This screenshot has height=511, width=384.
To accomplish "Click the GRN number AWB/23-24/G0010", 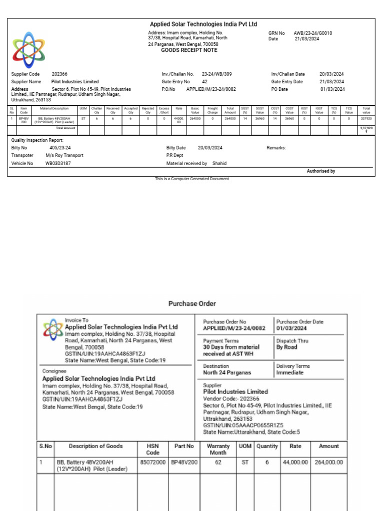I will point(313,33).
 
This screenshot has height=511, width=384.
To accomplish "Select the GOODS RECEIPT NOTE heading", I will point(189,50).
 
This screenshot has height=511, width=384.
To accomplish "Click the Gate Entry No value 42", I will point(204,81).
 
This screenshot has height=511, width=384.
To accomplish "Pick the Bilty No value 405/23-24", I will point(60,148).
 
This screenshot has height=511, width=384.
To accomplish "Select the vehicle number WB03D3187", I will point(58,163).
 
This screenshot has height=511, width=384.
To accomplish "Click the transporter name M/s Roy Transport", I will point(64,156).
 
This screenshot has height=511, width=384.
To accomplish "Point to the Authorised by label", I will point(321,171).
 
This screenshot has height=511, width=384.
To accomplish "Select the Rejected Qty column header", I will point(148,110).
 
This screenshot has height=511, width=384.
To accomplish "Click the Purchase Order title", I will point(192,303).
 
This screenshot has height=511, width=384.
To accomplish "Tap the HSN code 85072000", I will point(152,463).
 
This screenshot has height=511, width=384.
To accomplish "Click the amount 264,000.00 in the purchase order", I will point(328,463).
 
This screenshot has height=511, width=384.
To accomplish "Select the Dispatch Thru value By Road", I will point(286,347).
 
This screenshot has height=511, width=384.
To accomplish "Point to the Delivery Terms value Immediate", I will point(290,373).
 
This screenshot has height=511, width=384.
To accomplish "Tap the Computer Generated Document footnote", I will point(192,179).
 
